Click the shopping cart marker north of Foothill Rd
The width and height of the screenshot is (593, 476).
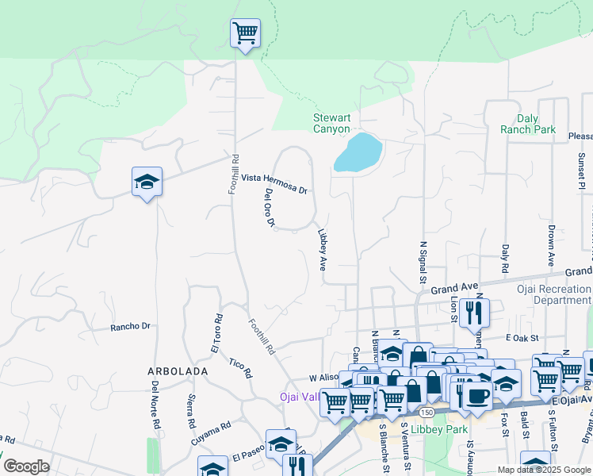point(245,34)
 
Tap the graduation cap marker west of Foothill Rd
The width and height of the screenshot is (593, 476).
point(147,182)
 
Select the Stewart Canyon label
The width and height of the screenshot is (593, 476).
point(331,123)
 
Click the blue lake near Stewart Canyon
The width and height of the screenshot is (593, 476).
point(358,152)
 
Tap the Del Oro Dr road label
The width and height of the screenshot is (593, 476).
point(270,208)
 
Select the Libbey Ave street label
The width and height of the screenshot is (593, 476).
point(323,251)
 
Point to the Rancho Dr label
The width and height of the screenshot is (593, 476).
point(130,326)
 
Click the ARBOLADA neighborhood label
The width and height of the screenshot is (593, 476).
point(177,370)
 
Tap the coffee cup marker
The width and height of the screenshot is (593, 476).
point(476,396)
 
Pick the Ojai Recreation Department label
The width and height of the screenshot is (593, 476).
point(562,294)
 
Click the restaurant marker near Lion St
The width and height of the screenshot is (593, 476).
point(474,313)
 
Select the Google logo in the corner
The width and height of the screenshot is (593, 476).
point(27,466)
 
